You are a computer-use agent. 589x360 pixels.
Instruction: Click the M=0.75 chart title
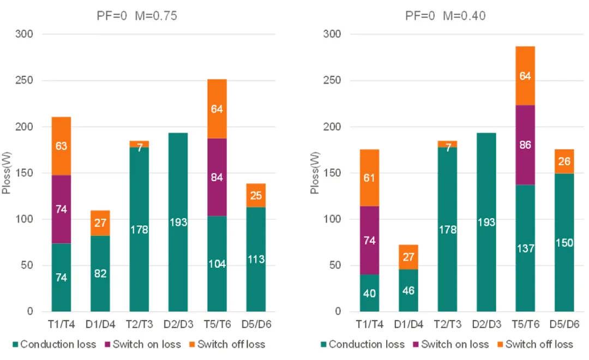click(x=134, y=16)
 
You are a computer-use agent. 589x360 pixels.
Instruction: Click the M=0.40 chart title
click(x=445, y=16)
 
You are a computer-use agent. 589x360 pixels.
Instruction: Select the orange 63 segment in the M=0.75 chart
click(x=61, y=146)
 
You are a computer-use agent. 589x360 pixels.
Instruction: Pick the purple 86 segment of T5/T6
click(x=525, y=145)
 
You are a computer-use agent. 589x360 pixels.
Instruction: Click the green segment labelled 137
click(x=525, y=248)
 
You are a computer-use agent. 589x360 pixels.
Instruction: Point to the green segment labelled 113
click(x=256, y=259)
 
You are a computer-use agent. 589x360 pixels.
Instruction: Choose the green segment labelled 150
click(x=564, y=243)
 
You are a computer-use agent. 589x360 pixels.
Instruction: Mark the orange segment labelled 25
click(x=256, y=195)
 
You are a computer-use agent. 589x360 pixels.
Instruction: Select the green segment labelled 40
click(x=370, y=293)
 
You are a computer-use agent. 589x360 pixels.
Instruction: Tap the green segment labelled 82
click(x=100, y=273)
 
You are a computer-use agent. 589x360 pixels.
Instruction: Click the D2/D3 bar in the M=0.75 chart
click(x=178, y=222)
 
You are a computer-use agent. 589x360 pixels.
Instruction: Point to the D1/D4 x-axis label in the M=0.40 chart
click(x=408, y=325)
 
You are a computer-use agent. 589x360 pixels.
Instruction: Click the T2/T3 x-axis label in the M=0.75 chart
click(x=139, y=325)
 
